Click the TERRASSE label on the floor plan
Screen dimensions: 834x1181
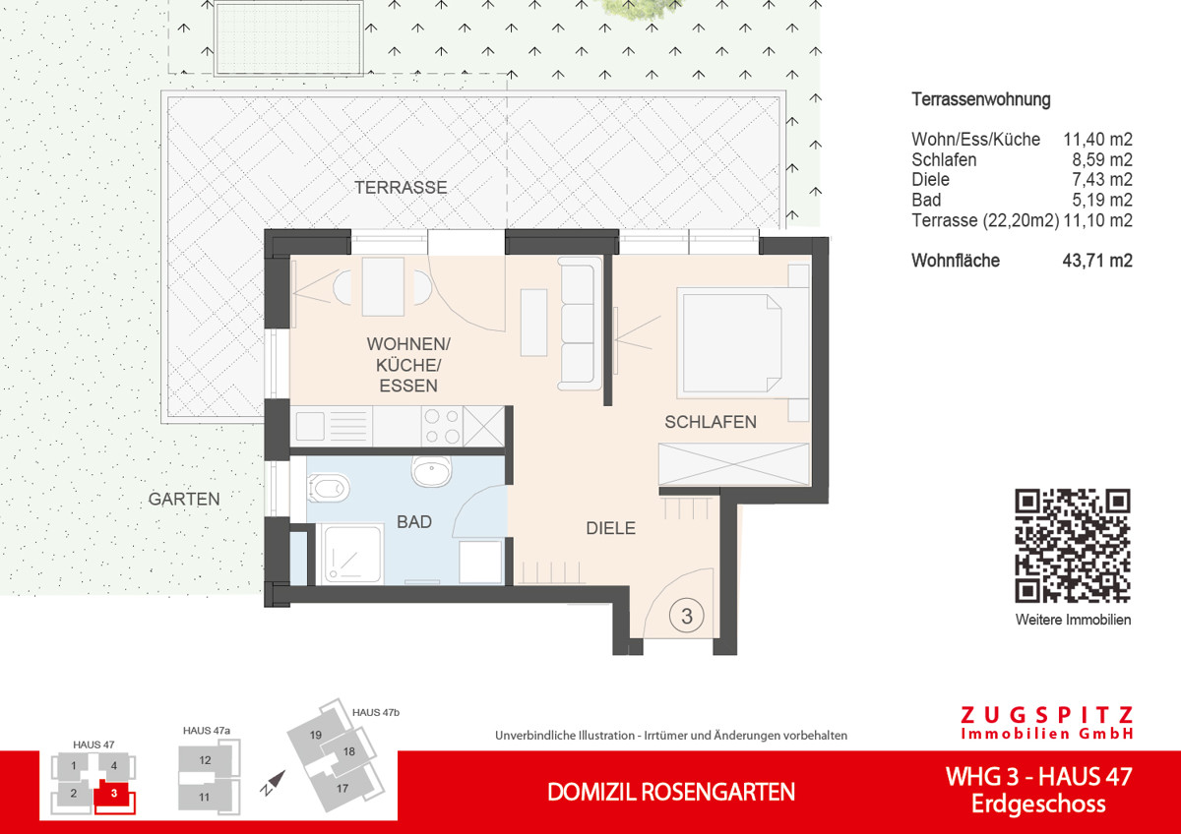[x=401, y=187]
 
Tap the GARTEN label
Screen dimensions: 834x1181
[x=184, y=500]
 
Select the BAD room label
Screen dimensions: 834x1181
[x=414, y=522]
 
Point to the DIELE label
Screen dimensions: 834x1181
[x=610, y=528]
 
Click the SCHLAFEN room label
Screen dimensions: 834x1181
[x=711, y=422]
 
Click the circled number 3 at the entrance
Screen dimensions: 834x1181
[x=687, y=617]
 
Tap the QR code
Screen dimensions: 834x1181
[x=1073, y=545]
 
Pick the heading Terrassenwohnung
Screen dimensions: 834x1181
[x=981, y=99]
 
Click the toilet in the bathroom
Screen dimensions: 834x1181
[x=328, y=485]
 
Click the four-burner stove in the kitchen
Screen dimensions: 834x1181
[x=441, y=426]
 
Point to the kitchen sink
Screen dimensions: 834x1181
[x=311, y=426]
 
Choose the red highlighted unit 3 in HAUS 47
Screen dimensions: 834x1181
[x=114, y=793]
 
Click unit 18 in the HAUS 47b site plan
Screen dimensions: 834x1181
[x=348, y=752]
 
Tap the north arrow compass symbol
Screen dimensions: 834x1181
[x=273, y=784]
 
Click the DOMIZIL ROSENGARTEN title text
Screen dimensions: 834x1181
[x=671, y=792]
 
